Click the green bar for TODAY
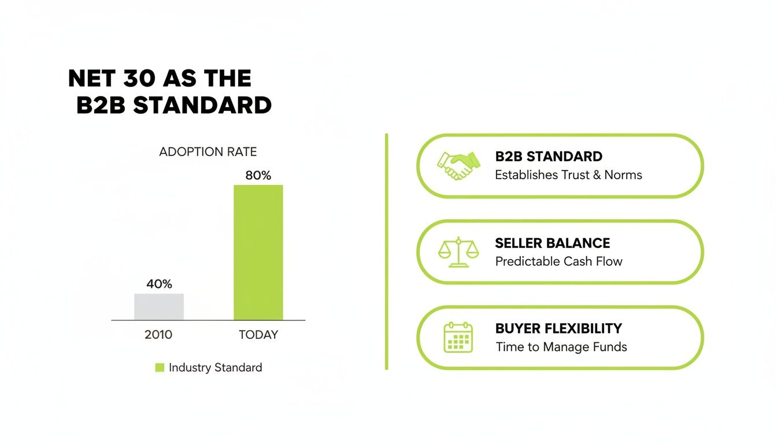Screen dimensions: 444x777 pos(258,252)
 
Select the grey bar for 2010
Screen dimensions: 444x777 pos(159,307)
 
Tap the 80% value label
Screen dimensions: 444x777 pos(258,176)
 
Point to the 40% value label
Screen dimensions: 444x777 pos(159,284)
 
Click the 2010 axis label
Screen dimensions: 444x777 pos(158,335)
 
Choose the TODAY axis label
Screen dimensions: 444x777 pos(258,335)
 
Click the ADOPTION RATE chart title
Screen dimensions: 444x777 pos(208,152)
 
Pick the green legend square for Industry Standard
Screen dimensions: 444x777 pos(160,368)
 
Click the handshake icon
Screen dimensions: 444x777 pos(458,165)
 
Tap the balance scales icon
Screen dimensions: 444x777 pos(458,252)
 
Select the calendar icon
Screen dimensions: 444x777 pos(458,338)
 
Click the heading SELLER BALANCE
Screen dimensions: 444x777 pos(552,243)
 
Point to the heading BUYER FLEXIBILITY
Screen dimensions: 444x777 pos(558,329)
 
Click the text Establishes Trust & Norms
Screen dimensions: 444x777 pos(568,175)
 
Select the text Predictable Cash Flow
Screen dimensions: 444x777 pos(558,261)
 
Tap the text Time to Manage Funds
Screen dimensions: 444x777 pos(561,347)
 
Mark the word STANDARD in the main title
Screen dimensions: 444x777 pos(202,106)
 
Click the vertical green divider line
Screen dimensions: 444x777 pos(386,251)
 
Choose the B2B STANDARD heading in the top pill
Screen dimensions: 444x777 pos(549,157)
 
